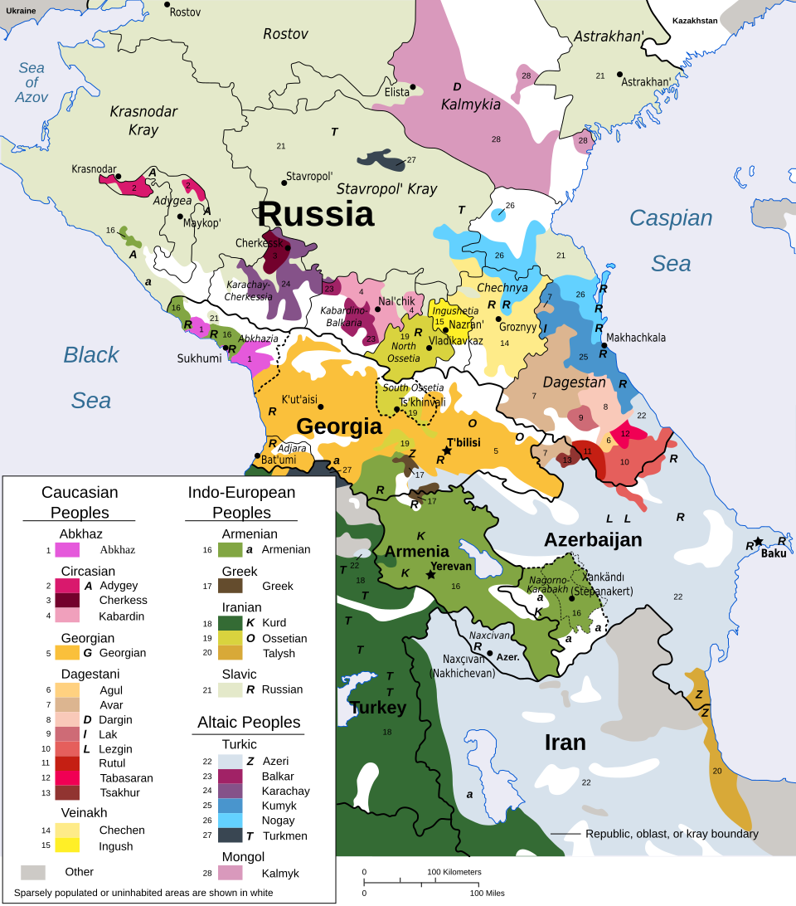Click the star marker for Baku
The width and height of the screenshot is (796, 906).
(757, 541)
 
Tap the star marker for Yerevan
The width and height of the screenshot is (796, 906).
(430, 574)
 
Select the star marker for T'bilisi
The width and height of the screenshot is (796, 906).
(446, 451)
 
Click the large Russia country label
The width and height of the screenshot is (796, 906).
(315, 214)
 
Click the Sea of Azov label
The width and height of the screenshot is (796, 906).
(32, 83)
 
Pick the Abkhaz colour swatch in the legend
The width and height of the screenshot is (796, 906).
(67, 549)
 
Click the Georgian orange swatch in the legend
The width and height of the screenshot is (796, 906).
(67, 653)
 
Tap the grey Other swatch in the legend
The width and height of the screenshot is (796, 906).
(33, 872)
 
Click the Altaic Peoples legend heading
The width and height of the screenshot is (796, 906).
(249, 723)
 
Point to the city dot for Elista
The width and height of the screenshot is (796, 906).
(412, 86)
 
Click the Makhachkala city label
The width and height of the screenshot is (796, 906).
(635, 338)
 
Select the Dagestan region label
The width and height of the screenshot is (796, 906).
(574, 382)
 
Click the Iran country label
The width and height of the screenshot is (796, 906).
(565, 742)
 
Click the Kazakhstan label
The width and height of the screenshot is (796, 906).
(694, 21)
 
